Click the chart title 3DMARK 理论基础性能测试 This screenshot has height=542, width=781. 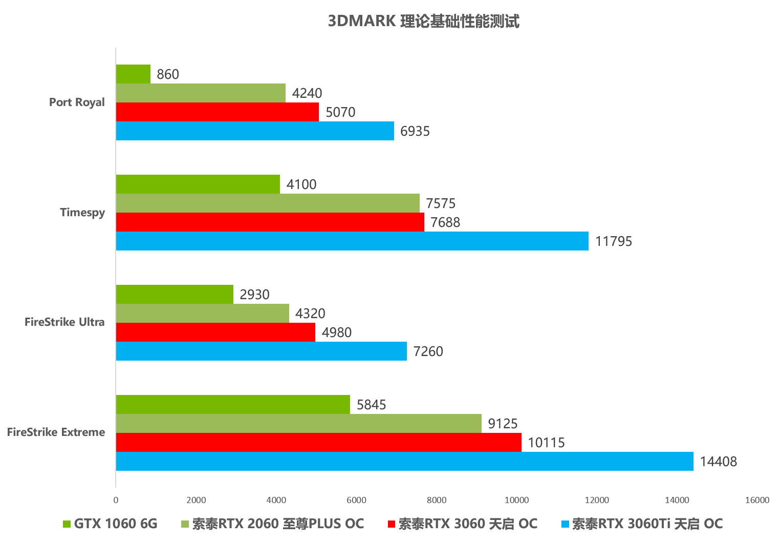click(423, 21)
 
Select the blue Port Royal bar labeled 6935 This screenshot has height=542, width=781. click(255, 131)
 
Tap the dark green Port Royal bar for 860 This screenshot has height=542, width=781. click(133, 74)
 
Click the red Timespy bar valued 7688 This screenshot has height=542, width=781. click(270, 222)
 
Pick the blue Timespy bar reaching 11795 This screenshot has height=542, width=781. click(352, 241)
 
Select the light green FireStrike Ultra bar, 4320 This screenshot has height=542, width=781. click(202, 314)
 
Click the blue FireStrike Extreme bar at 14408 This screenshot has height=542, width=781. click(404, 462)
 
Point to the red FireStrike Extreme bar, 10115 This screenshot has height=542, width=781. click(318, 443)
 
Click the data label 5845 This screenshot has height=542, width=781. click(371, 405)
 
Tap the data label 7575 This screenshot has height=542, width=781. click(441, 203)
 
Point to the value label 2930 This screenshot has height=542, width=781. click(254, 295)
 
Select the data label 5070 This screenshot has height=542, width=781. click(340, 112)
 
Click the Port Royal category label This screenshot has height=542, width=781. click(77, 102)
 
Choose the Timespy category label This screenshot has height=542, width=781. click(82, 212)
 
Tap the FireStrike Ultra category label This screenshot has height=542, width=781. click(64, 322)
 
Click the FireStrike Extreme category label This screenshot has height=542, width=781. click(56, 432)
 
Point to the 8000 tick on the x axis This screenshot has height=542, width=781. click(437, 500)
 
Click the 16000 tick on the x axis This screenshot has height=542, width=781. click(757, 500)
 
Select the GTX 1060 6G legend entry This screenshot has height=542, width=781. click(111, 524)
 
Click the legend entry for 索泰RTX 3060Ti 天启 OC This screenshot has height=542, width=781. click(642, 524)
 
